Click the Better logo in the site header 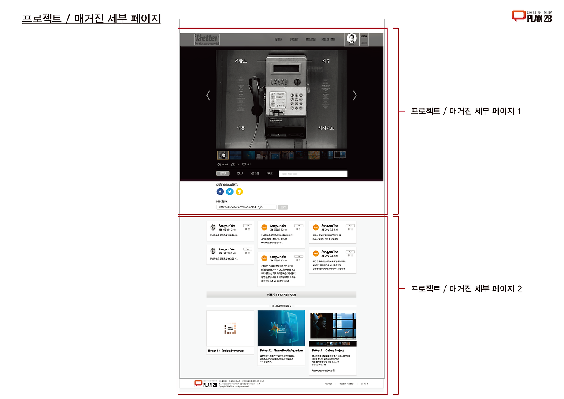pos(207,39)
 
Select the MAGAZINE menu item pos(311,40)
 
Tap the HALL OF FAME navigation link pos(328,40)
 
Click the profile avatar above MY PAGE pos(351,38)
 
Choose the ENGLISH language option pos(364,43)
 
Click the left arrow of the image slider pos(208,95)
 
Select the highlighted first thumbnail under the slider pos(223,155)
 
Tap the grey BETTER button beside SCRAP pos(223,174)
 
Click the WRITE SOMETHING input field pos(313,174)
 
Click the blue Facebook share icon pos(220,192)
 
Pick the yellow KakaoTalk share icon pos(239,192)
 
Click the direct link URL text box pos(246,207)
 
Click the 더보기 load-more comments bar pos(281,295)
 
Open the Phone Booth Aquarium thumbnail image pos(281,328)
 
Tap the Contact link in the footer pos(364,384)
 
